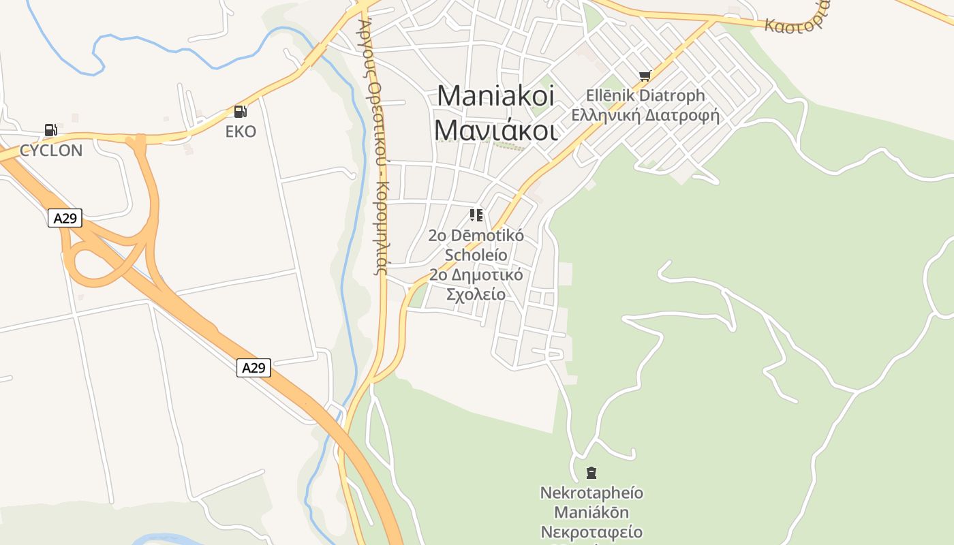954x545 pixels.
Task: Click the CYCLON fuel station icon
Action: pos(50,129)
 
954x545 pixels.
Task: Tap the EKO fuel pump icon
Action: pos(240,112)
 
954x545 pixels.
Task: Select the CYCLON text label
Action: pos(51,151)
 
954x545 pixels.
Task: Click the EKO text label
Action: pos(241,131)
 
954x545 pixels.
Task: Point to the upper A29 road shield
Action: pos(65,218)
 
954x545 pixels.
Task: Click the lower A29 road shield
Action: pos(253,368)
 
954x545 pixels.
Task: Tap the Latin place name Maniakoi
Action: pos(495,95)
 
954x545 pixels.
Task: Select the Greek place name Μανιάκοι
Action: pos(495,129)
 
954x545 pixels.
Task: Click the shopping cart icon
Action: pos(645,76)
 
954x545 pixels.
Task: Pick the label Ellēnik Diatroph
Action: pos(645,95)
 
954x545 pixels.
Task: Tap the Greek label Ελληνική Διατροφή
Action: pos(645,114)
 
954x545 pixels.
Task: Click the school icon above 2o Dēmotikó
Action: pos(476,215)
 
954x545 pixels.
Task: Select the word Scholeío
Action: pos(476,255)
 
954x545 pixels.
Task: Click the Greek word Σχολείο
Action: pos(476,294)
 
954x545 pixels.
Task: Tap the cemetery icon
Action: pos(591,472)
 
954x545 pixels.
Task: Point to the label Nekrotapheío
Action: pos(591,492)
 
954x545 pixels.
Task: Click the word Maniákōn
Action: pos(591,512)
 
